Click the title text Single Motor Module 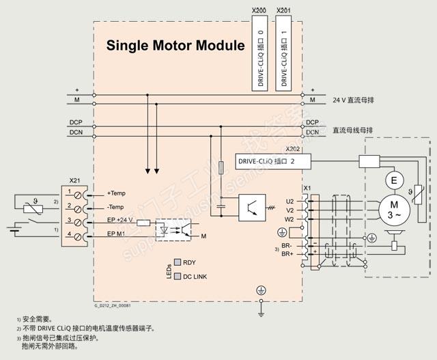pyautogui.click(x=175, y=46)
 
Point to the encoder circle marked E pyautogui.click(x=393, y=180)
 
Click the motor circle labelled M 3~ pyautogui.click(x=393, y=208)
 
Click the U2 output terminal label pyautogui.click(x=290, y=202)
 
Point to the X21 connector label pyautogui.click(x=76, y=181)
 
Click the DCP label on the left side pyautogui.click(x=76, y=123)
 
